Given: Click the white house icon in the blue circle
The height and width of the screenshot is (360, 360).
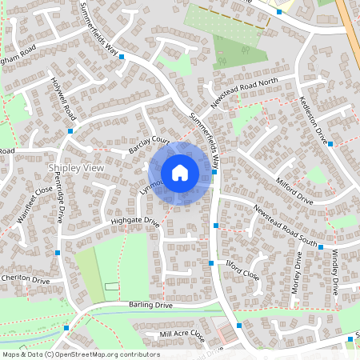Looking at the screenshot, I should click(180, 173).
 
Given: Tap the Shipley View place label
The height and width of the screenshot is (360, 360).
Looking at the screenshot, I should click(76, 168).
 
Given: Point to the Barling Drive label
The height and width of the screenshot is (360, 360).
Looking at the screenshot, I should click(150, 306).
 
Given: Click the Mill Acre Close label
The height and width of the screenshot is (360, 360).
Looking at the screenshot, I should click(182, 336).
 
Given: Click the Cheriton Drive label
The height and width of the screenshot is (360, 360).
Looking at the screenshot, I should click(25, 279).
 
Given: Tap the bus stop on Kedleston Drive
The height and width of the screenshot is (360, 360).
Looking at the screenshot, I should click(330, 144).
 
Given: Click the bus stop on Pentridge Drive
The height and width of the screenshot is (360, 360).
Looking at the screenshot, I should click(58, 253).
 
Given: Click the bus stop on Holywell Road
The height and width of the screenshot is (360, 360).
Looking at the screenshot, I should click(70, 130).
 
